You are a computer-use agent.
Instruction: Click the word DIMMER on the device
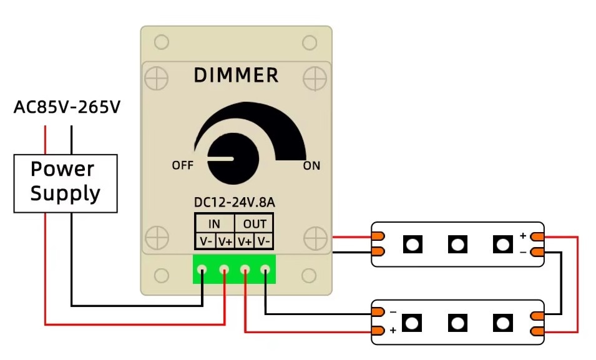[x=236, y=75]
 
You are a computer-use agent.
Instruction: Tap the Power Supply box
[x=66, y=182]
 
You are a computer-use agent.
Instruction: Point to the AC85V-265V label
[x=67, y=108]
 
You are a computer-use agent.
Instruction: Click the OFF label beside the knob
[x=182, y=165]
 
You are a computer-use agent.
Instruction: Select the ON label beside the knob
[x=311, y=165]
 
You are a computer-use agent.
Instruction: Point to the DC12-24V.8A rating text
[x=235, y=203]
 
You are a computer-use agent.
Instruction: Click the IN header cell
[x=214, y=224]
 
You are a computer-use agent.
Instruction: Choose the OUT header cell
[x=255, y=224]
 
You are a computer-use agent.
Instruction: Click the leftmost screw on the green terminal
[x=202, y=270]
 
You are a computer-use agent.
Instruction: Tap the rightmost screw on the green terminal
[x=265, y=270]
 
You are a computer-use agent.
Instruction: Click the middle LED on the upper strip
[x=457, y=244]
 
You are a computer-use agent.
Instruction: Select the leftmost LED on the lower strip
[x=412, y=323]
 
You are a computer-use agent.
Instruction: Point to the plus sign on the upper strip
[x=523, y=235]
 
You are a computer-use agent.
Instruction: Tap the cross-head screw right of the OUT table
[x=315, y=238]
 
